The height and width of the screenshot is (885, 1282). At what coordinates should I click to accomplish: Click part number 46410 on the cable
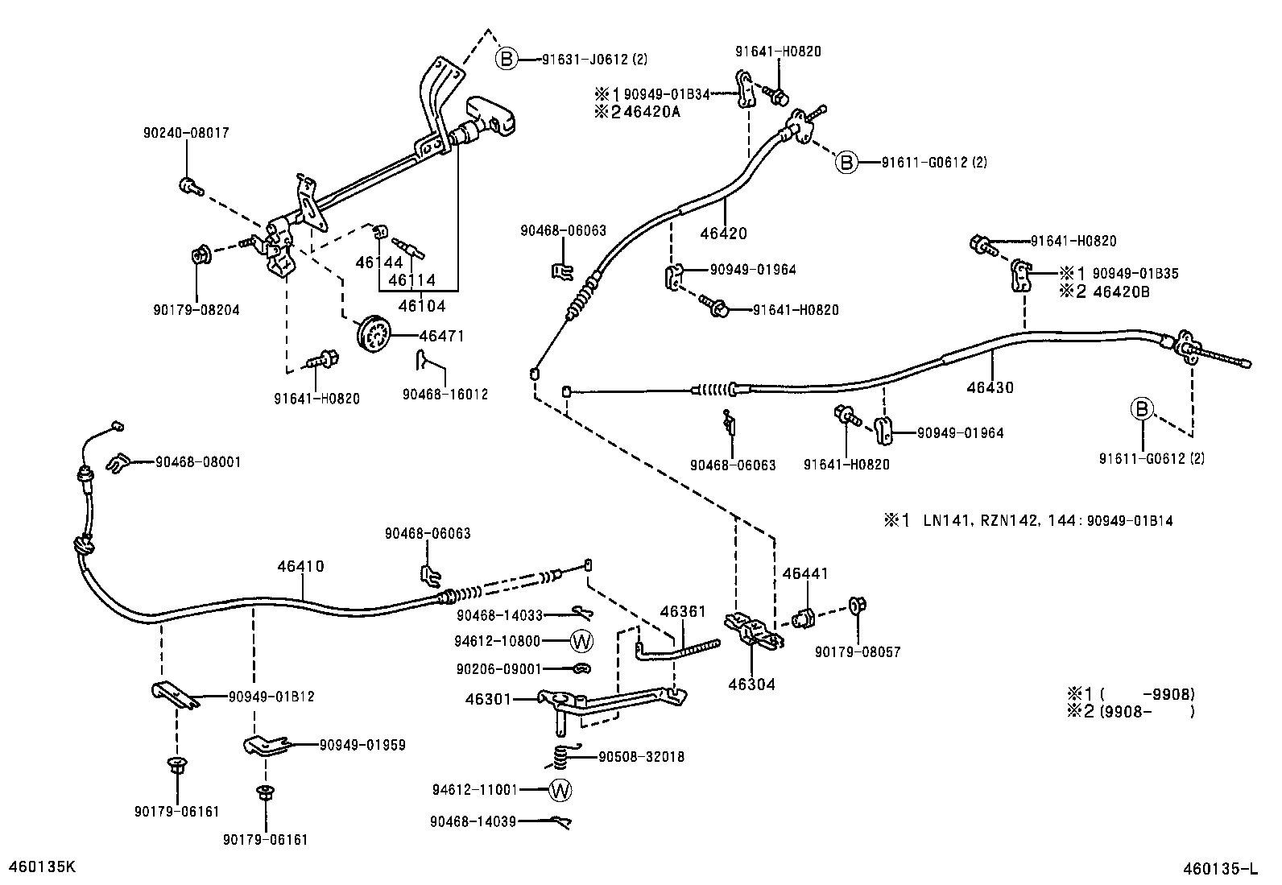(300, 567)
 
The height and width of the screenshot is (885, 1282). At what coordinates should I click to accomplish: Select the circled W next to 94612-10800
(581, 642)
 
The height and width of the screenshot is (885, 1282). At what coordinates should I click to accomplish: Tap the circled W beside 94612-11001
(560, 790)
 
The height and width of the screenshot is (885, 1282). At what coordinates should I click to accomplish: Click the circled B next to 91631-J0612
(506, 59)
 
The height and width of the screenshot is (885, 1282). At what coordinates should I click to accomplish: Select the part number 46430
(990, 387)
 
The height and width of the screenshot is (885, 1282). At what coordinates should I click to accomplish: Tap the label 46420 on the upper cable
(723, 234)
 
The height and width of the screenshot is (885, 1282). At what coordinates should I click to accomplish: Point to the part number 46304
(751, 685)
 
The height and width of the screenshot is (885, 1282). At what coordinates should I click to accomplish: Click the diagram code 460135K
(41, 866)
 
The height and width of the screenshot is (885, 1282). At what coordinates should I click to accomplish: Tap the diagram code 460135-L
(1219, 868)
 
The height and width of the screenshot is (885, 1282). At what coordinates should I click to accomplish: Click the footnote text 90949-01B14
(1129, 521)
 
